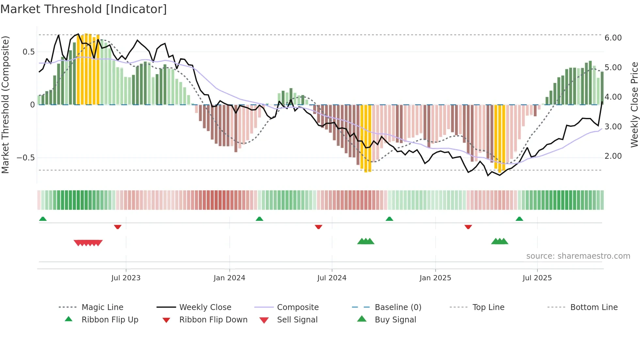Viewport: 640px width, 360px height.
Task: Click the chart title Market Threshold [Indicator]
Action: click(84, 9)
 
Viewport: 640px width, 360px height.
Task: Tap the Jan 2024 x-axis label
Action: click(229, 278)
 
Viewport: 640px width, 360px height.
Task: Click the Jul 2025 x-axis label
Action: click(537, 278)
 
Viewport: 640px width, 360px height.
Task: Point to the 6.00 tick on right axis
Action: click(613, 38)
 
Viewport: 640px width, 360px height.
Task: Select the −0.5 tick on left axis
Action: click(26, 158)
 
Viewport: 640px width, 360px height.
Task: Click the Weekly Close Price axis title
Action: click(634, 105)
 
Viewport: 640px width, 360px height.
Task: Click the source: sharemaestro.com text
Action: click(578, 256)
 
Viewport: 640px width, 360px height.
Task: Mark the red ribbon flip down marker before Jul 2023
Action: click(118, 227)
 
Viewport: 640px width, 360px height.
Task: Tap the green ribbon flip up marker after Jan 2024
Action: click(259, 219)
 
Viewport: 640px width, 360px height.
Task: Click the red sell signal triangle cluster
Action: click(88, 243)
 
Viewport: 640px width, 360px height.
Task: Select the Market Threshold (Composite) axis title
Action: click(5, 105)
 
